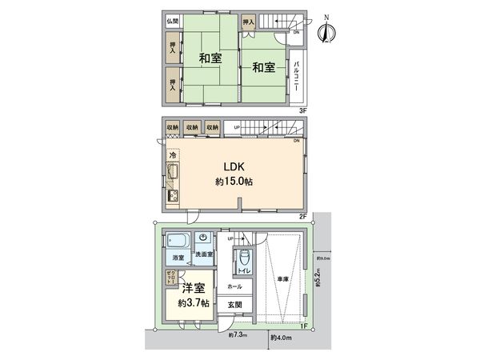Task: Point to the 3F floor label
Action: (x=303, y=110)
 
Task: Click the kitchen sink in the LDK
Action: (x=174, y=172)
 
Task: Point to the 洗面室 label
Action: (x=204, y=255)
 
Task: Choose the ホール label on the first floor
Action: (x=234, y=286)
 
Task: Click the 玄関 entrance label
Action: (x=234, y=305)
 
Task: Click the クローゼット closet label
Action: (x=170, y=280)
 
